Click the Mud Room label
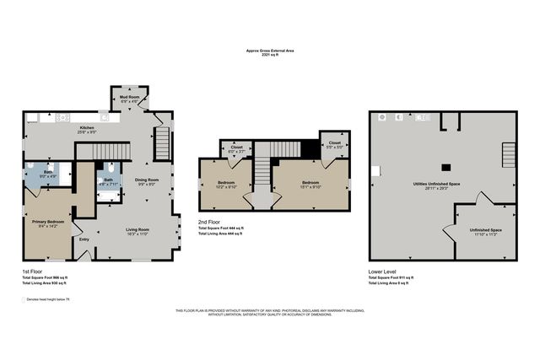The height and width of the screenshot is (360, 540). (129, 99)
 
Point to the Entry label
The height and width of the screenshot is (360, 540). (84, 239)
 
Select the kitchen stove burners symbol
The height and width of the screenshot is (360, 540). (62, 118)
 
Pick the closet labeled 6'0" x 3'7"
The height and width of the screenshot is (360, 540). (236, 148)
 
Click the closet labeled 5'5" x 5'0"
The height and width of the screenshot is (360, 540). (335, 144)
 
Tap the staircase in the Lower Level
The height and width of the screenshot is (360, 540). (507, 157)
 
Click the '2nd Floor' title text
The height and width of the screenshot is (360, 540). (208, 222)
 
